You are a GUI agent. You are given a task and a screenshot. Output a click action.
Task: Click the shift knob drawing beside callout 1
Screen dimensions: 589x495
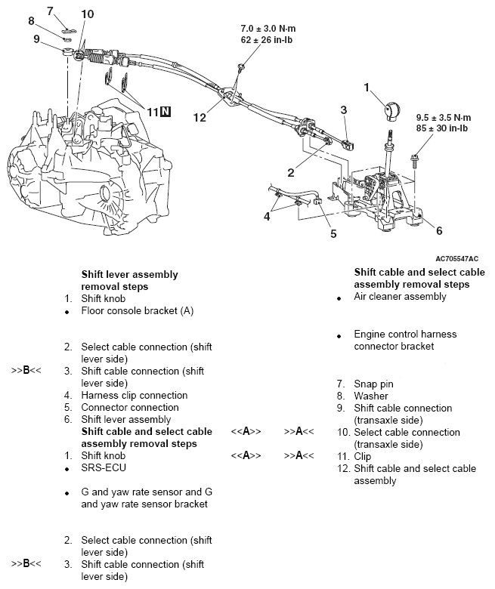tap(393, 109)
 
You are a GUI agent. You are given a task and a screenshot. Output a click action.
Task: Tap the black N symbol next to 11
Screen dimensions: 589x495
tap(166, 113)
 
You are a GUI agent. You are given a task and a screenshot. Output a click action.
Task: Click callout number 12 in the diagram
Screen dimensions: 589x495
tap(199, 117)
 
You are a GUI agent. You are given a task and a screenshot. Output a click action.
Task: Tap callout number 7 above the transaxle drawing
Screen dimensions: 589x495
tap(50, 11)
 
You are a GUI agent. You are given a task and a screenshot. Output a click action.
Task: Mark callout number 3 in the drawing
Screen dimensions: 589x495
tap(343, 110)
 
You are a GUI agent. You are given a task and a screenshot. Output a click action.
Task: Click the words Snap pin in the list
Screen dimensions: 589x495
tap(373, 384)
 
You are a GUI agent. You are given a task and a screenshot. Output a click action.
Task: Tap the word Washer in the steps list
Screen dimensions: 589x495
tap(371, 396)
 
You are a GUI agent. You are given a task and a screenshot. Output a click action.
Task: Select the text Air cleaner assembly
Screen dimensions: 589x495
tap(400, 297)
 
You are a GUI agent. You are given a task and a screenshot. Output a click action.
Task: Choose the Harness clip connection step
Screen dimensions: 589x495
tap(135, 395)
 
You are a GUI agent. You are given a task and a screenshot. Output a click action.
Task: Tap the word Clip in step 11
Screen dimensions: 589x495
tap(364, 456)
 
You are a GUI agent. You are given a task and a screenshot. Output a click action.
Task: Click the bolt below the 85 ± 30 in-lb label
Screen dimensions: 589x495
tap(415, 159)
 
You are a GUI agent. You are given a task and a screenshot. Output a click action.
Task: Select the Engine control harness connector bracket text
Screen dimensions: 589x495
tap(405, 340)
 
